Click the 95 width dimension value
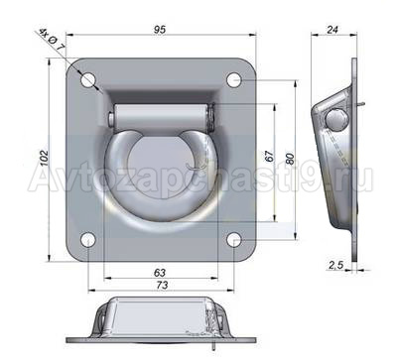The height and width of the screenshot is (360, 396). pyautogui.click(x=160, y=30)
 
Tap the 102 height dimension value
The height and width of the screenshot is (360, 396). pyautogui.click(x=44, y=158)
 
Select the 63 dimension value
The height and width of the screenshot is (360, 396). pyautogui.click(x=160, y=273)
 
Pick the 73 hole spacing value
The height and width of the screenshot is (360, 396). pyautogui.click(x=161, y=285)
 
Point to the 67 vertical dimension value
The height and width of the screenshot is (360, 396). pyautogui.click(x=270, y=156)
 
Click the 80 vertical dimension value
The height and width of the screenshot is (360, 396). pyautogui.click(x=290, y=159)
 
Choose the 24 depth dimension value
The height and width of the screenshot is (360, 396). pyautogui.click(x=332, y=29)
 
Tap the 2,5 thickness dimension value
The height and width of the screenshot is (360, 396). pyautogui.click(x=336, y=265)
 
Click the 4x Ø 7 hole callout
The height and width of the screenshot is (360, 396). pyautogui.click(x=52, y=41)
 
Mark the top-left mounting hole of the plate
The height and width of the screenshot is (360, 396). pyautogui.click(x=88, y=80)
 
